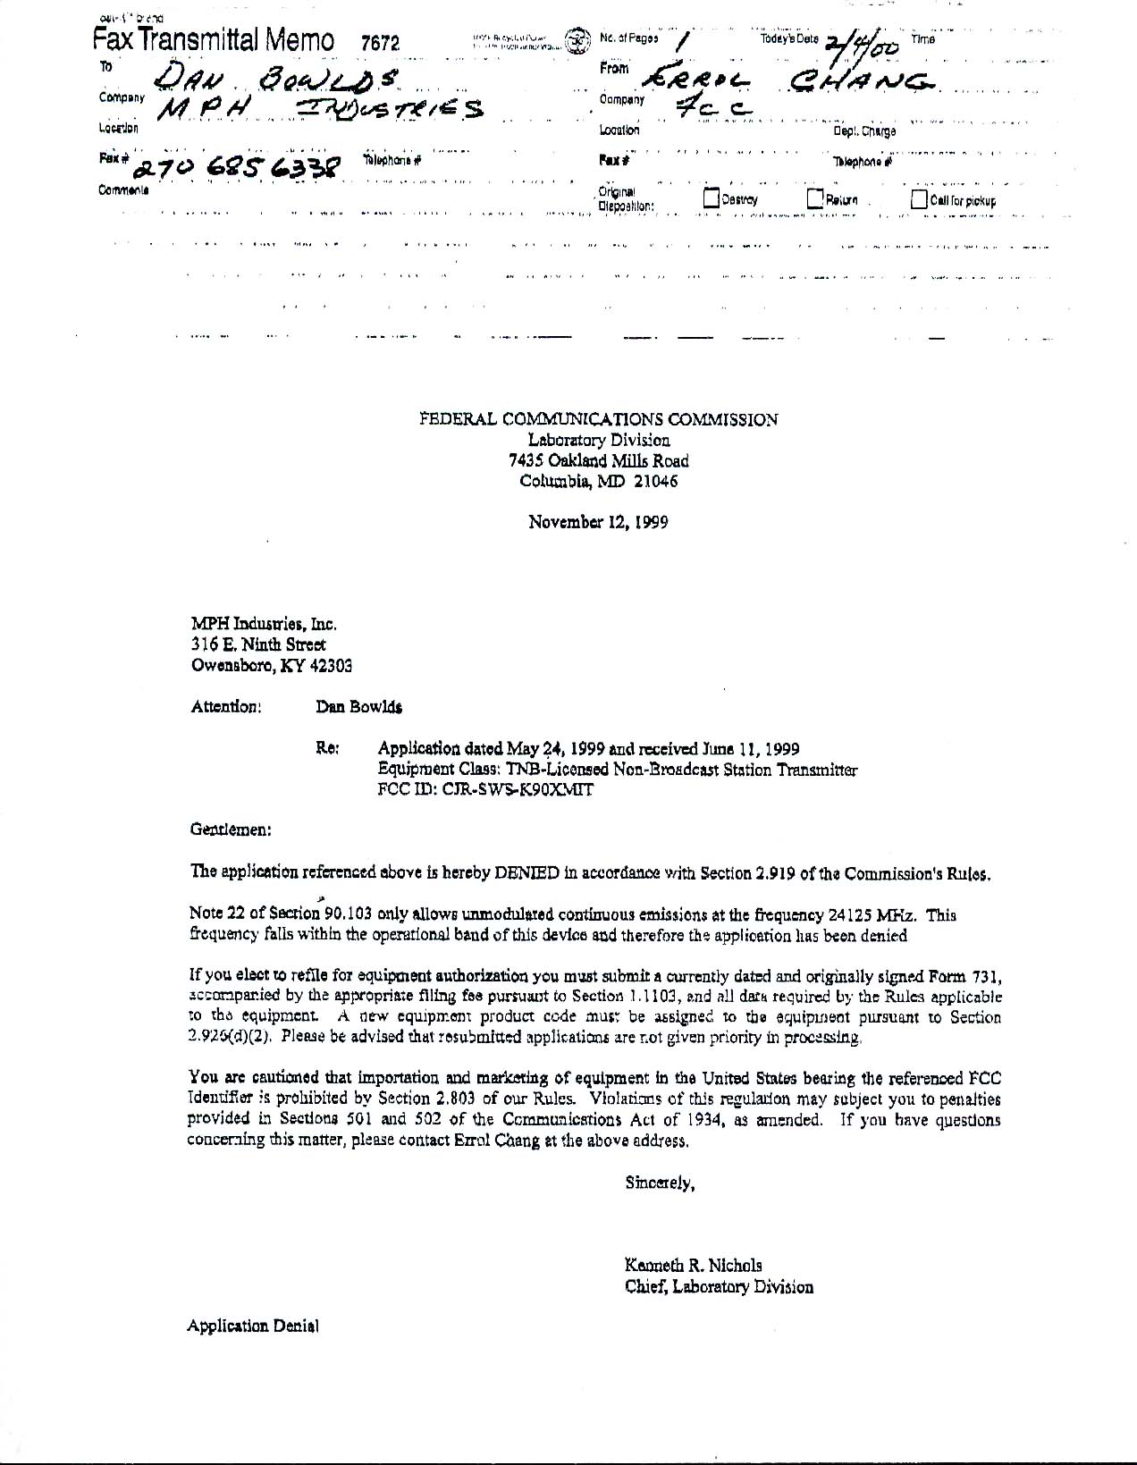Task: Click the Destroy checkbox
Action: pos(712,199)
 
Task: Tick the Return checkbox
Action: pos(815,198)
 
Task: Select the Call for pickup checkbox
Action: pos(919,199)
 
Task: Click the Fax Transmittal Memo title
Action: pos(215,40)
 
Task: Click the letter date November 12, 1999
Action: pos(598,522)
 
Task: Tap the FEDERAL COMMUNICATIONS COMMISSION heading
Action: pos(599,419)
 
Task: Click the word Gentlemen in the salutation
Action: pos(231,829)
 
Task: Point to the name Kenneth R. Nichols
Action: pos(693,1266)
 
